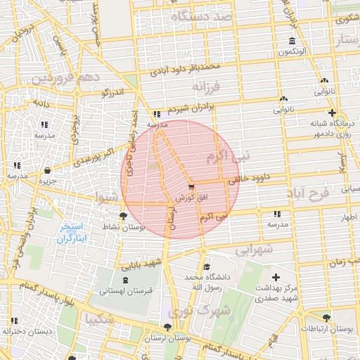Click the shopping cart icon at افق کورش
coord(191,187)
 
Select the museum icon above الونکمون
coord(292,40)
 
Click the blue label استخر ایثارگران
coord(70,233)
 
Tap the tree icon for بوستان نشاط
coord(124,217)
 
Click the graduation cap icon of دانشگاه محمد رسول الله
coord(206,266)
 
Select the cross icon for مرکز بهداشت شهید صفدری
coord(276,278)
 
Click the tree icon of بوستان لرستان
coord(167,327)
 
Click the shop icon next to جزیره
coord(47,170)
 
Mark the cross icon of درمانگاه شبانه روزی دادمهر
coord(332,112)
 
